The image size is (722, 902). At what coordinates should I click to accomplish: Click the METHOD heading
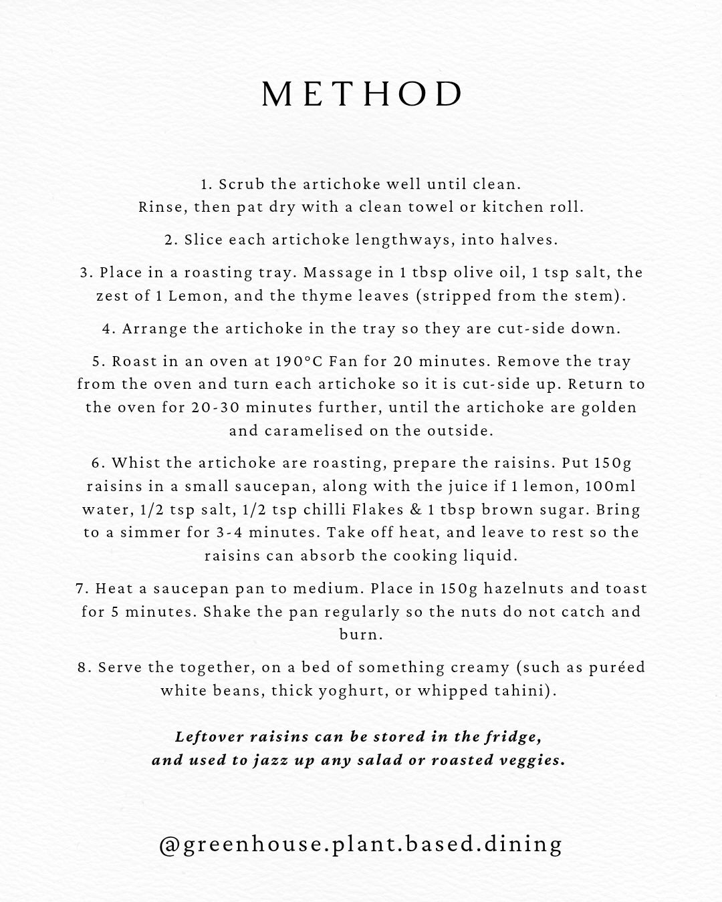click(362, 95)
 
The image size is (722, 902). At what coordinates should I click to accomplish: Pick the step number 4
click(106, 329)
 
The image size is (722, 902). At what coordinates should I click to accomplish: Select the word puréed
click(614, 667)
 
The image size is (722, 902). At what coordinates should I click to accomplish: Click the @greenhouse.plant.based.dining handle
click(361, 845)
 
